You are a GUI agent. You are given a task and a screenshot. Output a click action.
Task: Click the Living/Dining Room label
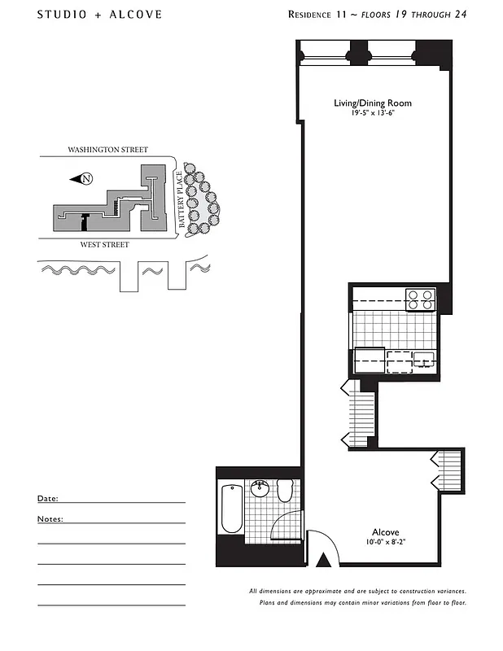pos(372,103)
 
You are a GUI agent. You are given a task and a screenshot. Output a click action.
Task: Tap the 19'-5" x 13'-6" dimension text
pos(372,113)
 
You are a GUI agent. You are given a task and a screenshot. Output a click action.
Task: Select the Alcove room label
pos(385,532)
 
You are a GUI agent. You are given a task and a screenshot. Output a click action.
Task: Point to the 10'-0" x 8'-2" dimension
pos(385,543)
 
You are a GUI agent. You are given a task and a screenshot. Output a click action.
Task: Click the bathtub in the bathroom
pos(231,509)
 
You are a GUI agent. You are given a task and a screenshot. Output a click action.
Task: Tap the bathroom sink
pos(260,489)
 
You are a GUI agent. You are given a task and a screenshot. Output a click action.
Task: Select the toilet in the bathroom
pos(285,490)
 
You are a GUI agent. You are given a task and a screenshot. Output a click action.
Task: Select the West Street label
pos(104,244)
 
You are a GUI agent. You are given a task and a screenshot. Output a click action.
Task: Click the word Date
pos(47,498)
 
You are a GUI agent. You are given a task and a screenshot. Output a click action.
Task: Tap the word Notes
pos(50,518)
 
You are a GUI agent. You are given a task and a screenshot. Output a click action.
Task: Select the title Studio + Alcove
pos(99,15)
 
